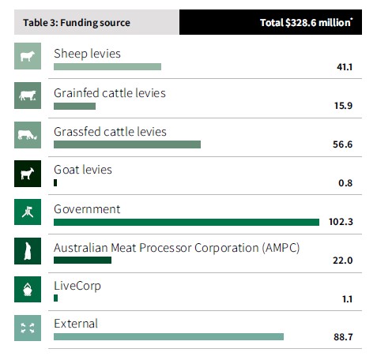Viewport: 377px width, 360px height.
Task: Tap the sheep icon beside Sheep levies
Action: point(28,57)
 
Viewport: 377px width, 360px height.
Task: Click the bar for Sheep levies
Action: point(107,67)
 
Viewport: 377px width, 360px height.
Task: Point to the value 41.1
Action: point(344,68)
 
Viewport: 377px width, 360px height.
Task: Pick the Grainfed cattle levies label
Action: point(110,93)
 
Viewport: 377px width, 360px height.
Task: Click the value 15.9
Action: point(344,107)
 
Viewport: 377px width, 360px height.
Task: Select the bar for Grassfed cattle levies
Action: point(126,144)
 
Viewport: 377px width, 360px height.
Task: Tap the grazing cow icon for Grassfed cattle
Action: point(28,134)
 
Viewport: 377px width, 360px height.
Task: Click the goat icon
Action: point(28,173)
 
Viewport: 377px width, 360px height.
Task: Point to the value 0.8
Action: point(345,184)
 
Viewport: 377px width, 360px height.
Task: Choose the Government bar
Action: point(186,222)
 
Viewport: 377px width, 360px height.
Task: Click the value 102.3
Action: point(341,223)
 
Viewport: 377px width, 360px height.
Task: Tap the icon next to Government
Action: point(28,212)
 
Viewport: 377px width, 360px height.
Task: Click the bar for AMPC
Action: point(82,261)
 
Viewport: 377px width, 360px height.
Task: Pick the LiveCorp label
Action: point(77,286)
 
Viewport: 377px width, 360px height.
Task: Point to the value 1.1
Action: point(345,300)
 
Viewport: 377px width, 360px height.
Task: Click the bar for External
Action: point(168,337)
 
